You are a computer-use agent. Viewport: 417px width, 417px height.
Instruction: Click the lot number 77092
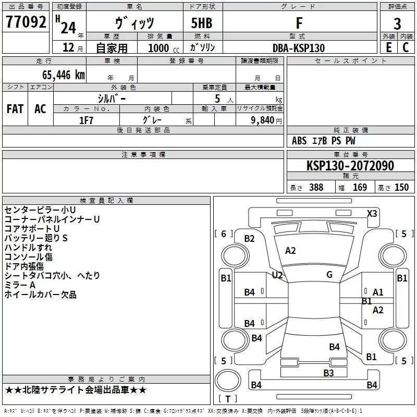pos(26,22)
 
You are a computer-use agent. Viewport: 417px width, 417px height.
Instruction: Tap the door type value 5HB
pos(202,23)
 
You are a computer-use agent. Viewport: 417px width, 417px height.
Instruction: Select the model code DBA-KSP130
pos(299,48)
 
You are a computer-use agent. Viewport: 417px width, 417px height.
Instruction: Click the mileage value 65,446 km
pos(64,75)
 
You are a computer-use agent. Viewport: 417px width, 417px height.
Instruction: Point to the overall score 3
pos(397,24)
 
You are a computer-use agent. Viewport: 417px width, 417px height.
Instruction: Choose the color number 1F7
pos(86,120)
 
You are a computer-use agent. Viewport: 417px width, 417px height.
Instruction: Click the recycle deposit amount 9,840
pos(263,120)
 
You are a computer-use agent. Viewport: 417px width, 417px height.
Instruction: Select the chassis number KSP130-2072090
pos(350,166)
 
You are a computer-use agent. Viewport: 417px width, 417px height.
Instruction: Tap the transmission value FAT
pos(15,109)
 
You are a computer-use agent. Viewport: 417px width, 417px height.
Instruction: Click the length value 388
pos(316,187)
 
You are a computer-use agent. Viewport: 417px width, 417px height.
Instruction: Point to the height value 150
pos(401,187)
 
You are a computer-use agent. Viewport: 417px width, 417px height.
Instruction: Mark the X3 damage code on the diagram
pos(372,214)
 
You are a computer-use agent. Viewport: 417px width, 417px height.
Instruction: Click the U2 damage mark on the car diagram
pos(277,275)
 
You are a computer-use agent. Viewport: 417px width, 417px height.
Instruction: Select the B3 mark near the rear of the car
pos(328,373)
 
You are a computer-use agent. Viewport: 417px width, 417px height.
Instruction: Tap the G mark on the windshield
pos(329,275)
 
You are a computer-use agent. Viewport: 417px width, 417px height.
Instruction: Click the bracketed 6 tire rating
pos(224,234)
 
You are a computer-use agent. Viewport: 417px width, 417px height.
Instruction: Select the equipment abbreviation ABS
pos(299,141)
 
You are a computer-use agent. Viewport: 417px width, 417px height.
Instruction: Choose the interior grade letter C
pos(406,47)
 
